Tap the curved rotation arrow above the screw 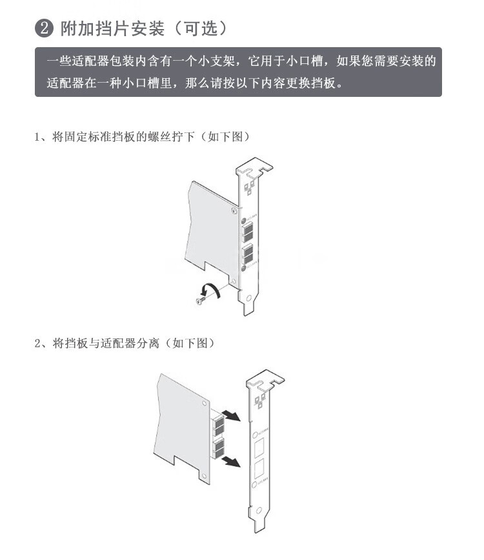pyautogui.click(x=210, y=290)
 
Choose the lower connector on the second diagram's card pyautogui.click(x=218, y=448)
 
